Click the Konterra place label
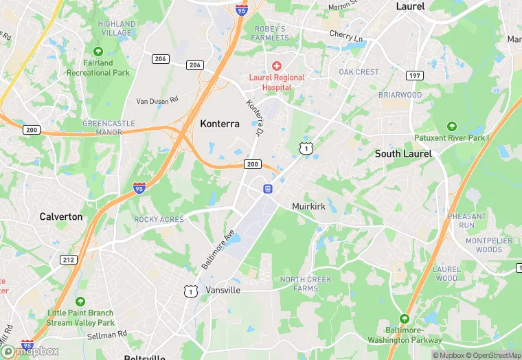(x=220, y=124)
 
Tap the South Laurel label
(x=403, y=154)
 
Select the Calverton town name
(x=60, y=216)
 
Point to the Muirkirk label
(x=308, y=206)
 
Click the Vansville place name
(x=223, y=291)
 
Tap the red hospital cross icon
(x=276, y=66)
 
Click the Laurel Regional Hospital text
(x=276, y=82)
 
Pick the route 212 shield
(x=69, y=260)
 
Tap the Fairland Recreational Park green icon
(x=98, y=52)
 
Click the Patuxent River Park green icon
(x=451, y=126)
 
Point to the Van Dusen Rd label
(x=157, y=100)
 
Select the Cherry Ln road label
(x=346, y=35)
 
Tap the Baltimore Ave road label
(x=218, y=249)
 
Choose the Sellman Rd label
(x=107, y=335)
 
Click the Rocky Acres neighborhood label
(x=159, y=220)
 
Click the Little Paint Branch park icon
(x=80, y=302)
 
